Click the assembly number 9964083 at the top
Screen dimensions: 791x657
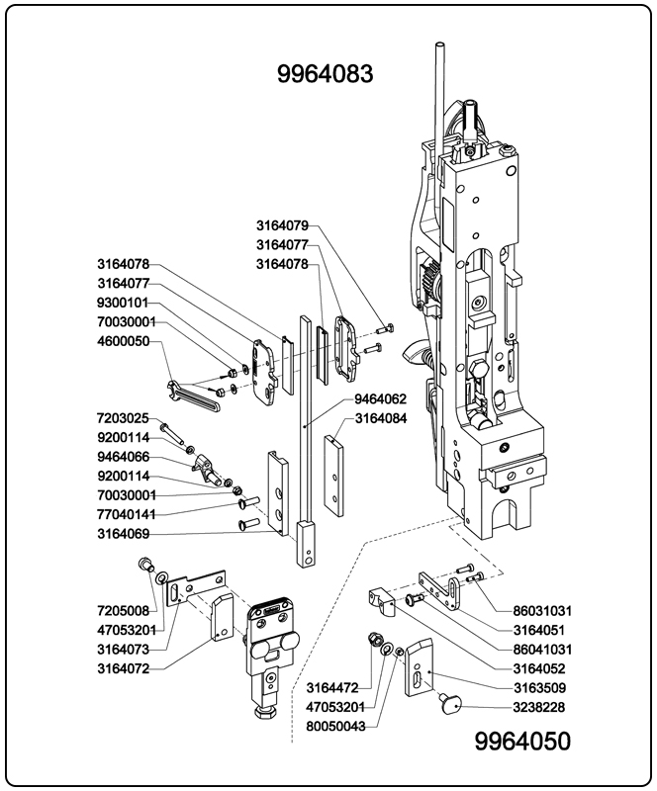click(x=328, y=74)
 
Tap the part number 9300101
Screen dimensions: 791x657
click(x=123, y=303)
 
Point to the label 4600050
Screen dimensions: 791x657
click(x=123, y=341)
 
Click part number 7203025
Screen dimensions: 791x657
click(x=123, y=418)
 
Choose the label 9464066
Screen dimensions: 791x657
click(x=123, y=457)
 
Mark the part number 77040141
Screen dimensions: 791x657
click(x=127, y=514)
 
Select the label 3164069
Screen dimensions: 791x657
click(x=123, y=534)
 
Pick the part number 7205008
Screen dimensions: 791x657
click(x=123, y=611)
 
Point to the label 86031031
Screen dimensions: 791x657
click(x=542, y=611)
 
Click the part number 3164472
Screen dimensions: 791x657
click(x=331, y=687)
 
